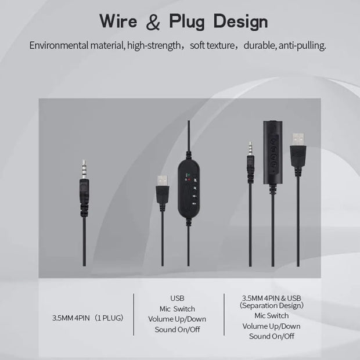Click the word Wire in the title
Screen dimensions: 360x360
coord(118,21)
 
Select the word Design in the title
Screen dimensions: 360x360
coord(240,22)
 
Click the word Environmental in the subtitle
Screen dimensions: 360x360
coord(59,45)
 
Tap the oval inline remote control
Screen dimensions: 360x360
coord(189,189)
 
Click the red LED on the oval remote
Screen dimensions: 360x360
coord(189,179)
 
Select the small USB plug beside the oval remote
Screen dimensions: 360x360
coord(163,189)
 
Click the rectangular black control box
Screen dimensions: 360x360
coord(272,152)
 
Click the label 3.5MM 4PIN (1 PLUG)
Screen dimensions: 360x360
coord(88,318)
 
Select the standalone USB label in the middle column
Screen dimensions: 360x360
coord(177,298)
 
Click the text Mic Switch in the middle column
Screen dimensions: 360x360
coord(177,309)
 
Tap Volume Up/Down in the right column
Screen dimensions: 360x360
coord(271,326)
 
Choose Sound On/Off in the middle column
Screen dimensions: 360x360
coord(177,330)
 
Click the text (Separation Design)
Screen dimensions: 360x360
coord(271,305)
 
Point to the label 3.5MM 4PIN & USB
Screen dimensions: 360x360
coord(271,298)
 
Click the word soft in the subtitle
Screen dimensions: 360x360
coord(197,45)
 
